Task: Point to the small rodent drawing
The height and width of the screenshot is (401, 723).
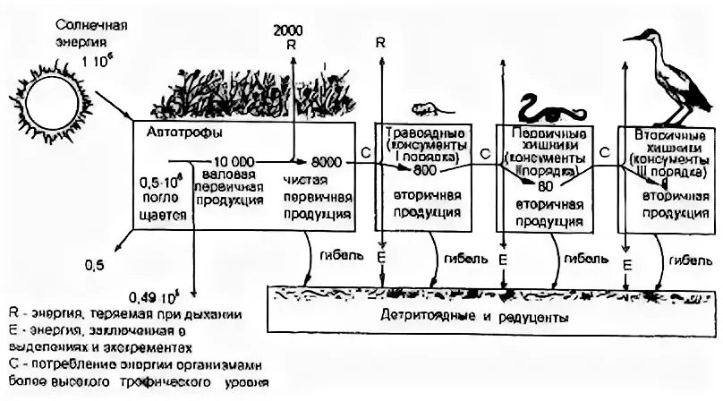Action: (x=427, y=110)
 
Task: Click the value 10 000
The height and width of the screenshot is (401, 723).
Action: (x=230, y=161)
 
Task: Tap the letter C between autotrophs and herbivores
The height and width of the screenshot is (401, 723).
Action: (x=367, y=154)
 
